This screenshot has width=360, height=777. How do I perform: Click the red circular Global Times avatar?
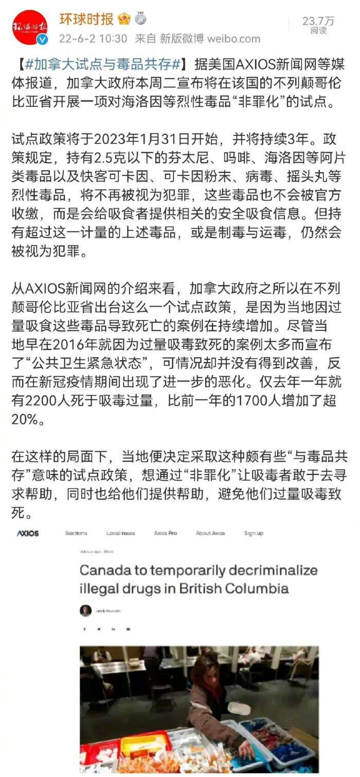click(30, 27)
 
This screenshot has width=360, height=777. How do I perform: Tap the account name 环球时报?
click(86, 20)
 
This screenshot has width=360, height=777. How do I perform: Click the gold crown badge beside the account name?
click(124, 19)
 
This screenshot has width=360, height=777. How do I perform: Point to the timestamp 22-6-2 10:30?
click(93, 39)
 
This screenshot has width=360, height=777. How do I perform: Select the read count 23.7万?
click(318, 21)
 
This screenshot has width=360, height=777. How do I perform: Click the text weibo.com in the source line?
click(234, 39)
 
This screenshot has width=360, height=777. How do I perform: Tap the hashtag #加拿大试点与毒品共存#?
click(103, 65)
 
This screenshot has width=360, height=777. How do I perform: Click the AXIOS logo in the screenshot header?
click(28, 533)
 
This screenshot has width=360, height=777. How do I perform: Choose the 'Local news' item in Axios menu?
click(120, 533)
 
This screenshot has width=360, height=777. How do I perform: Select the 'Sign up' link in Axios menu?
click(254, 533)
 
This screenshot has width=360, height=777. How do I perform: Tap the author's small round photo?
click(86, 610)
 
